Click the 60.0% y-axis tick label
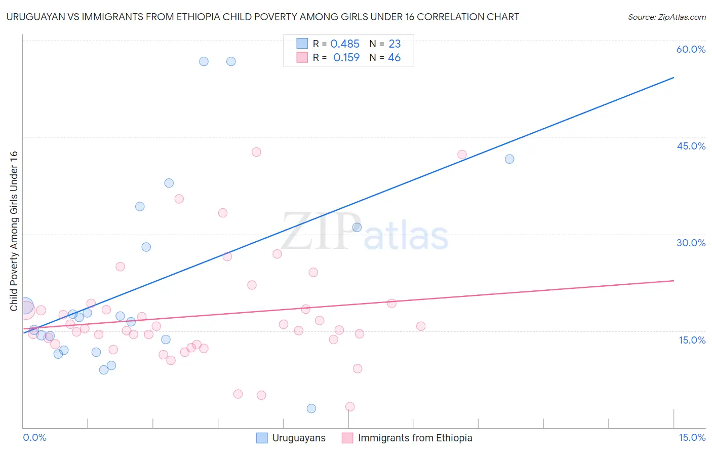click(691, 49)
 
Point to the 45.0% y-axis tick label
click(691, 146)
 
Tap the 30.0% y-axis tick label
click(691, 243)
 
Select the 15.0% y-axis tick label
click(692, 340)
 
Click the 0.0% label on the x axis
click(34, 437)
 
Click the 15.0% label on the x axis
click(692, 437)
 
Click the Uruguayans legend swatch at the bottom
click(262, 438)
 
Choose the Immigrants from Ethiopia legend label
click(415, 438)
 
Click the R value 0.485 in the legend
click(345, 44)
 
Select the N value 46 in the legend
click(394, 58)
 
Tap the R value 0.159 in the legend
click(346, 58)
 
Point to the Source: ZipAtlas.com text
click(666, 17)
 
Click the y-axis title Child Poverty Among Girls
click(14, 231)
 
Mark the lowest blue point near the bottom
click(311, 408)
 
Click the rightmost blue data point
click(509, 159)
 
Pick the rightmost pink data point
click(462, 155)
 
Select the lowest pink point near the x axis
click(350, 406)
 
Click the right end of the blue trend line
click(674, 78)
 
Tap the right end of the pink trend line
click(674, 280)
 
